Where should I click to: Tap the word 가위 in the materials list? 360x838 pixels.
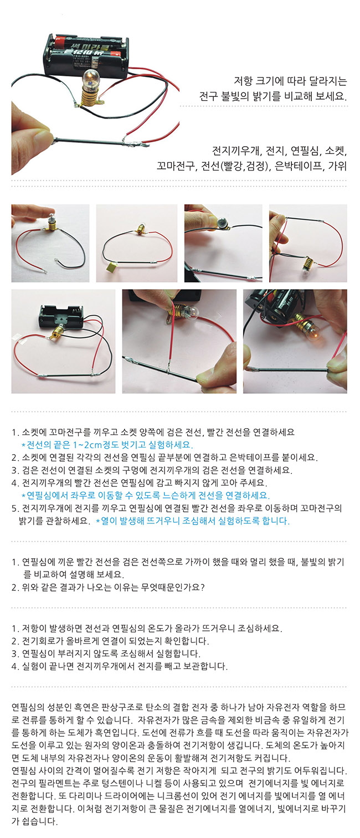point(337,166)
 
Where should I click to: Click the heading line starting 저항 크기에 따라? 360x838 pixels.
point(290,81)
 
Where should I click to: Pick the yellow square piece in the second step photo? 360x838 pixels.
point(111,267)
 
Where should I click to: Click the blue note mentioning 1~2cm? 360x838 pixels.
point(107,445)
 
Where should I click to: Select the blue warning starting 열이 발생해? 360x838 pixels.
point(193,521)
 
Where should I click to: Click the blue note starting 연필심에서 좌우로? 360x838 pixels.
point(146,495)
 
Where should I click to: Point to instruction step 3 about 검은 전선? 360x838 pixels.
point(152,470)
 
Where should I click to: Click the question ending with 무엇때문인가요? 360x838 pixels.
point(108,587)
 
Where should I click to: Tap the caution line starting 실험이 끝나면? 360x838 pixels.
point(120,666)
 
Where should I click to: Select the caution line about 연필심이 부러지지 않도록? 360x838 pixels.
point(106,653)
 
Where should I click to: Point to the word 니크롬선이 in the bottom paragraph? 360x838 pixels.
point(166,796)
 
